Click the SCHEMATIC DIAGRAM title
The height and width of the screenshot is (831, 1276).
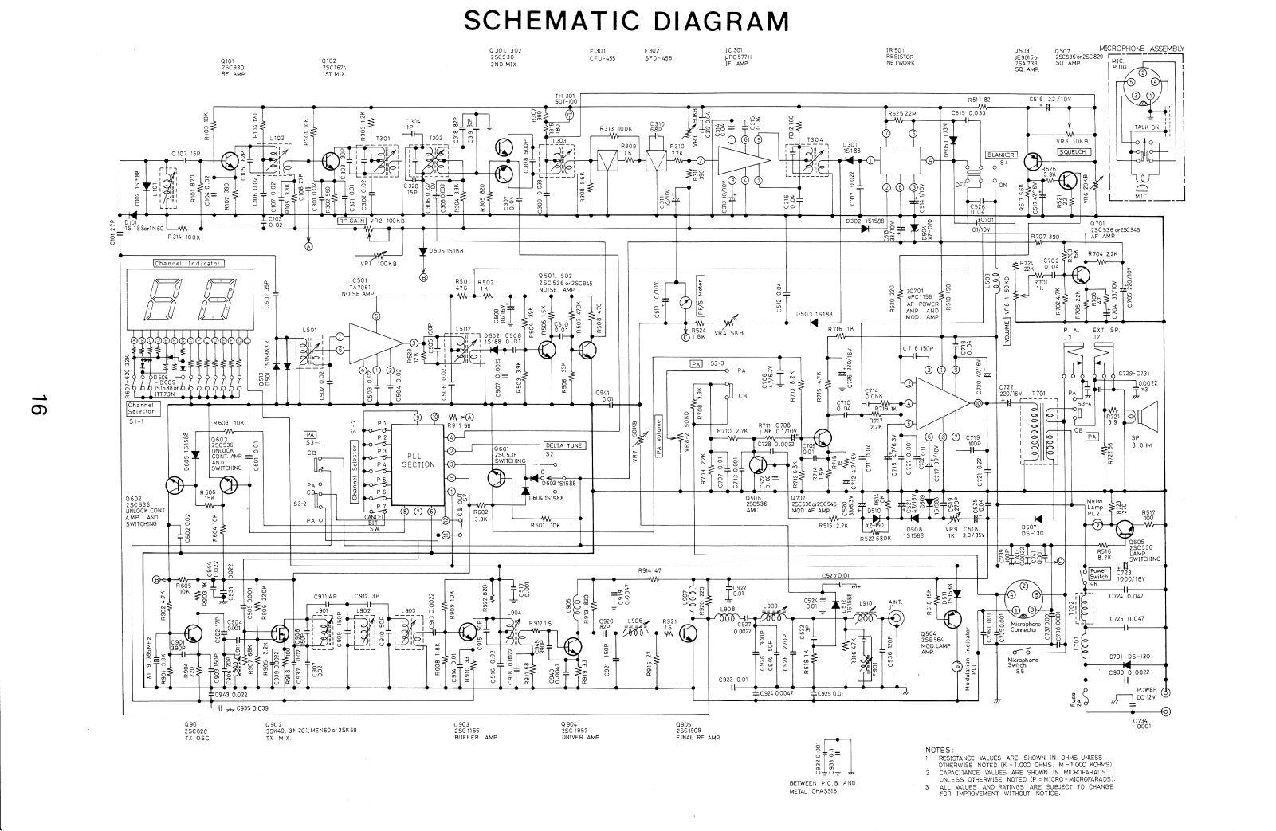(626, 19)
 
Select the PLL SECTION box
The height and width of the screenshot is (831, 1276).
(418, 461)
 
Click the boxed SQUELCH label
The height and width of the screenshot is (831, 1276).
(1072, 152)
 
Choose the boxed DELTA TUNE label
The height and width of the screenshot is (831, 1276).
(561, 445)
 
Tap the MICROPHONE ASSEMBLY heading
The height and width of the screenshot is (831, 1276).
(1141, 49)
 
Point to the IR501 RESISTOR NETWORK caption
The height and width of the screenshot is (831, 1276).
(900, 57)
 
